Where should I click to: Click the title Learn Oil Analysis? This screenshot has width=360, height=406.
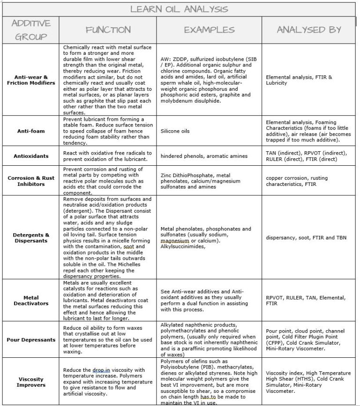[179, 8]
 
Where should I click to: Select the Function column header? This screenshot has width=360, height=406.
[108, 30]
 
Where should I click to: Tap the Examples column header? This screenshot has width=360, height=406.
[209, 30]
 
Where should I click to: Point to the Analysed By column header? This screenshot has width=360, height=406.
[308, 30]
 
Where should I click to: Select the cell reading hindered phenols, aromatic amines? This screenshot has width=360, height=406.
[198, 156]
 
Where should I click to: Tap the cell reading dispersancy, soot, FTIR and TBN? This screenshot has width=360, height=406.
[306, 238]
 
